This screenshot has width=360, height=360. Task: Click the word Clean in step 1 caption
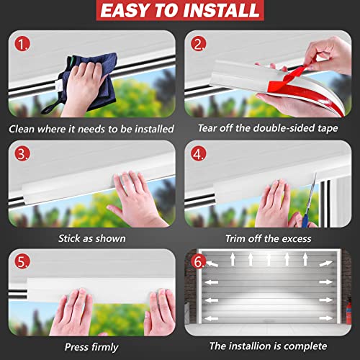click(27, 130)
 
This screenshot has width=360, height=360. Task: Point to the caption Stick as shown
click(91, 238)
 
